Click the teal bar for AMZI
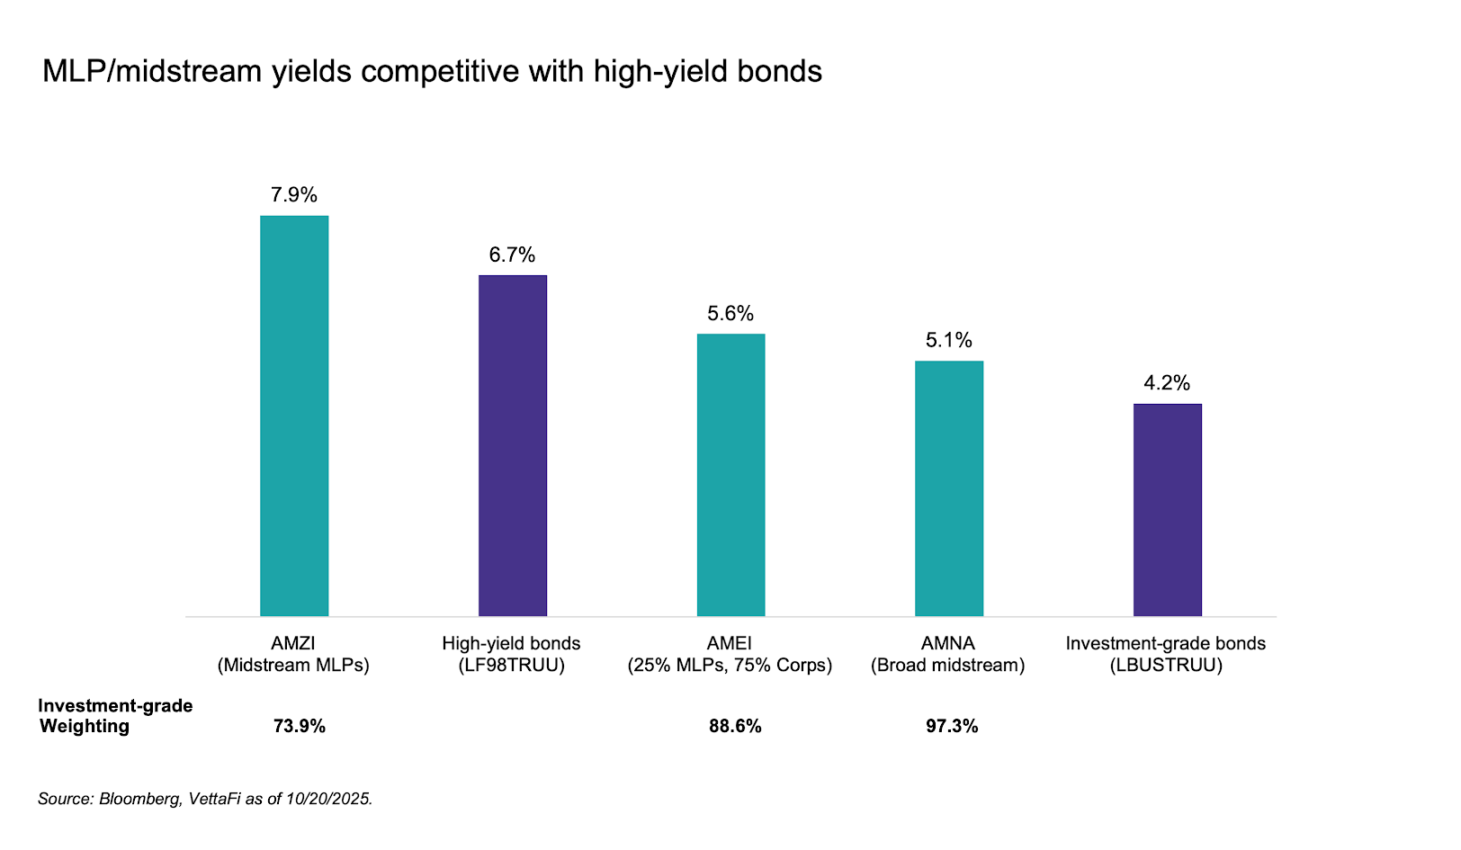(x=294, y=416)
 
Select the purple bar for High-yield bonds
(x=512, y=445)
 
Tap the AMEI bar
(x=730, y=475)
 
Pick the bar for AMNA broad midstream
(x=949, y=488)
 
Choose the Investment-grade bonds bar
(x=1167, y=510)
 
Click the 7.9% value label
(x=294, y=195)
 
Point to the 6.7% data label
(x=512, y=255)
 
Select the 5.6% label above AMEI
(x=730, y=314)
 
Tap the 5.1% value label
(x=949, y=340)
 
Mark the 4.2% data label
(x=1167, y=383)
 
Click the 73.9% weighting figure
(x=300, y=726)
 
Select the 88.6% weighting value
(x=735, y=726)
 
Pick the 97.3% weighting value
(x=952, y=726)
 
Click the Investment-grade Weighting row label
(x=114, y=716)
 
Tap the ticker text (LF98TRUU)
(x=511, y=666)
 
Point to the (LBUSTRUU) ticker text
(x=1166, y=666)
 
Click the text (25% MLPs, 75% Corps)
(x=730, y=666)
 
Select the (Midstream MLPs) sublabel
(x=293, y=666)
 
